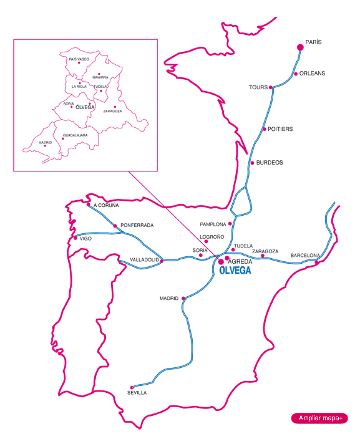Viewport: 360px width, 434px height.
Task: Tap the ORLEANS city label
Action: [x=313, y=73]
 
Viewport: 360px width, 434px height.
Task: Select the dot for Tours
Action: [x=271, y=88]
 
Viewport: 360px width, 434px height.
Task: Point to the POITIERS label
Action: [x=280, y=129]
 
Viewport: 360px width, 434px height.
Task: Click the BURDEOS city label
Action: [x=270, y=163]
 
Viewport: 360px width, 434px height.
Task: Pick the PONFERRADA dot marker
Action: [x=115, y=225]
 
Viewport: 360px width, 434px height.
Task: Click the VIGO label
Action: [x=85, y=238]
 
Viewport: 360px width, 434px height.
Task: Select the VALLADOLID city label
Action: [x=145, y=260]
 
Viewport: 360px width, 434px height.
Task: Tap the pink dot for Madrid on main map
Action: [x=183, y=298]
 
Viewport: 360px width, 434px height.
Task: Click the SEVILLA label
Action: [x=137, y=393]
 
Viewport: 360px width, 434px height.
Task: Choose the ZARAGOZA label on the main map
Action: [x=265, y=251]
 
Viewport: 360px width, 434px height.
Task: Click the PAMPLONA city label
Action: [x=213, y=224]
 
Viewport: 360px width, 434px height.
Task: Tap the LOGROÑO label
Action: [x=212, y=237]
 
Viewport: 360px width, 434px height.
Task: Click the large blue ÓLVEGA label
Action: [x=236, y=271]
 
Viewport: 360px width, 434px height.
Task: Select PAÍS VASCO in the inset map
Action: [x=79, y=59]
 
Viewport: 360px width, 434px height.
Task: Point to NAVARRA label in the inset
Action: [x=100, y=77]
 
